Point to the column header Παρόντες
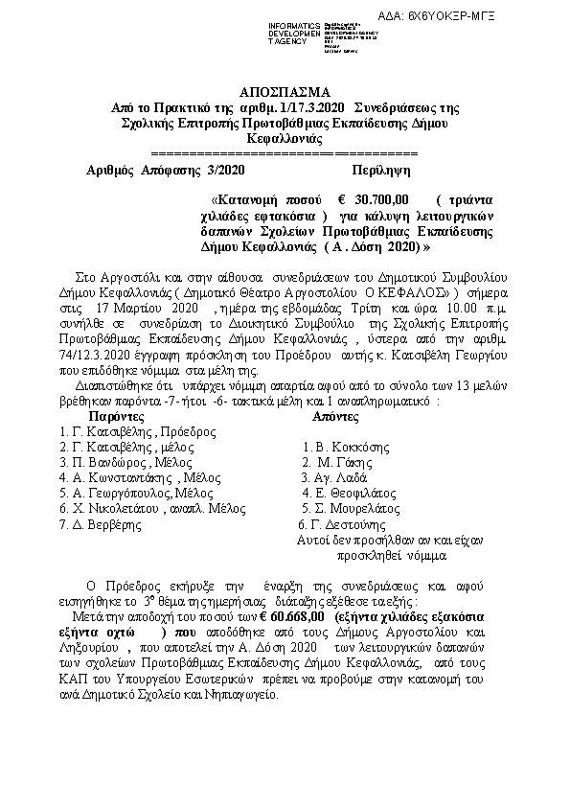tap(118, 418)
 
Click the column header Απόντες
tap(338, 418)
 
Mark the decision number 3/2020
tap(219, 169)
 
